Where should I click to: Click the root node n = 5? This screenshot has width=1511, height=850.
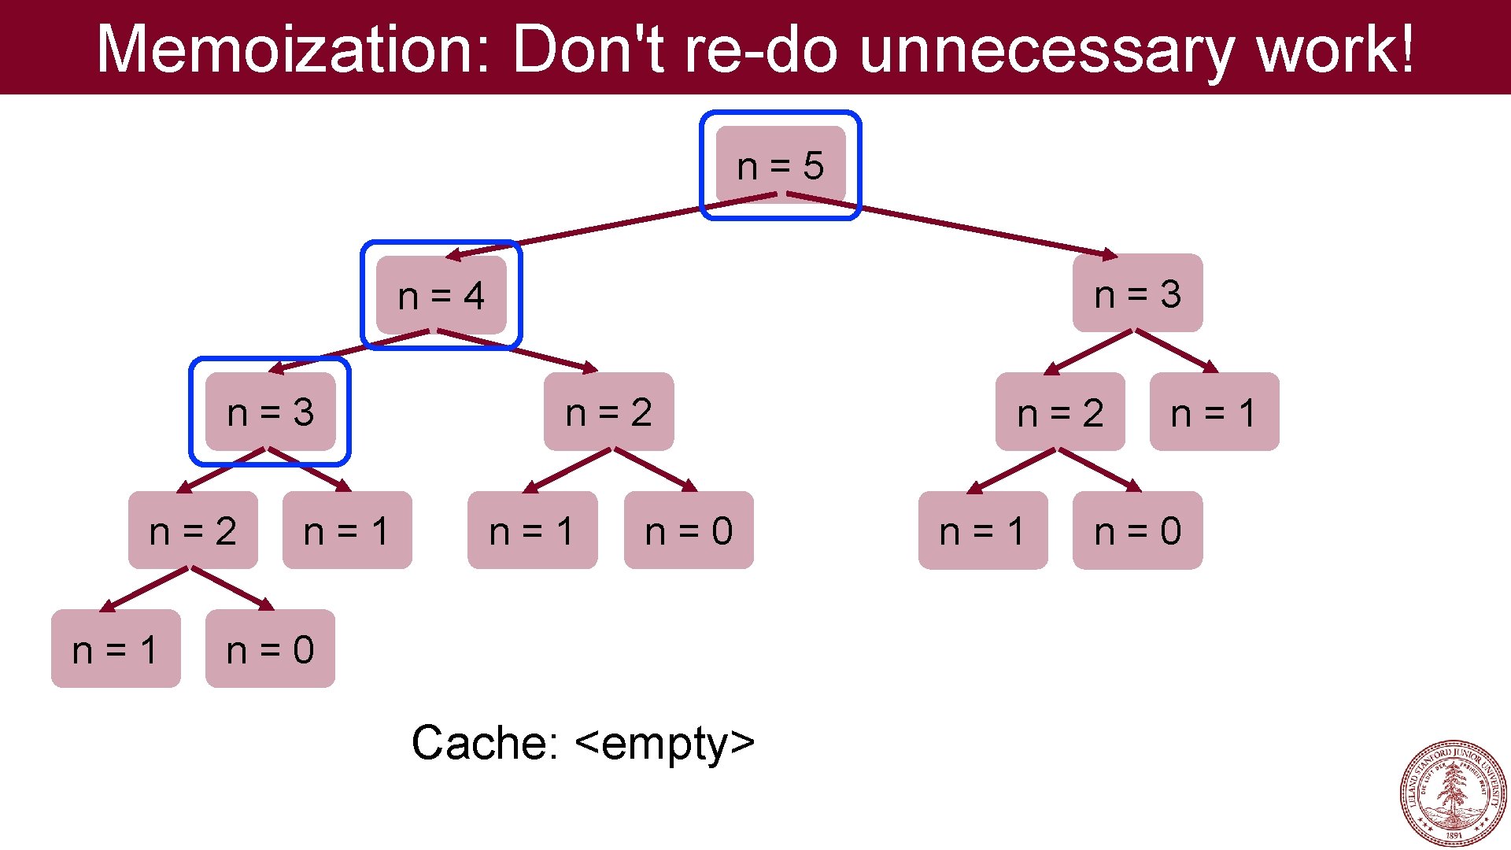click(x=780, y=165)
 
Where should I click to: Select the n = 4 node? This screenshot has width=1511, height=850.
click(x=441, y=295)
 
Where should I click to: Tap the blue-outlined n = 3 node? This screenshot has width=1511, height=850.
click(x=270, y=412)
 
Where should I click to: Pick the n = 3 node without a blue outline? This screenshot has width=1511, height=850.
click(x=1137, y=294)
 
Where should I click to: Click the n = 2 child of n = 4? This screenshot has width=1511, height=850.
click(x=608, y=412)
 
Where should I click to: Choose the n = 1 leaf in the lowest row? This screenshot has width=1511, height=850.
click(x=116, y=649)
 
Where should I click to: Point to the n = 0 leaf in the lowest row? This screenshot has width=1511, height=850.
click(x=270, y=649)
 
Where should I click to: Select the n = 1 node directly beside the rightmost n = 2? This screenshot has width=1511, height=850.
click(x=1214, y=412)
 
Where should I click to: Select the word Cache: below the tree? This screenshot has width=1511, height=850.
click(x=484, y=742)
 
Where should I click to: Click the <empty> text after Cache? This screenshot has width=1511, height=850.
click(x=665, y=742)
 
